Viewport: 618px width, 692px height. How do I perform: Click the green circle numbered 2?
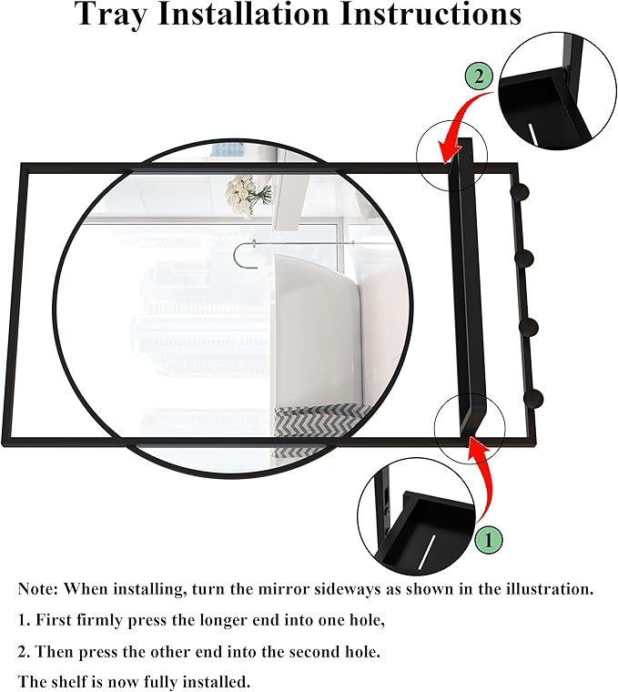tap(479, 76)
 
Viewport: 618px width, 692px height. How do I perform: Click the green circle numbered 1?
tap(489, 539)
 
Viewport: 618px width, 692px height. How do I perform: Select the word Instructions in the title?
tap(431, 14)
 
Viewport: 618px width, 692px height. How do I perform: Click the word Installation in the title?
tap(244, 14)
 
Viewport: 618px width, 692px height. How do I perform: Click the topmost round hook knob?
tap(520, 192)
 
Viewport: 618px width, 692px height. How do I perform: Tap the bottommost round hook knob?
tap(533, 399)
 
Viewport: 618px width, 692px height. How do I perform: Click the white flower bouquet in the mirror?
tap(247, 193)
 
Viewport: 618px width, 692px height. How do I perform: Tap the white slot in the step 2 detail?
tap(533, 134)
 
